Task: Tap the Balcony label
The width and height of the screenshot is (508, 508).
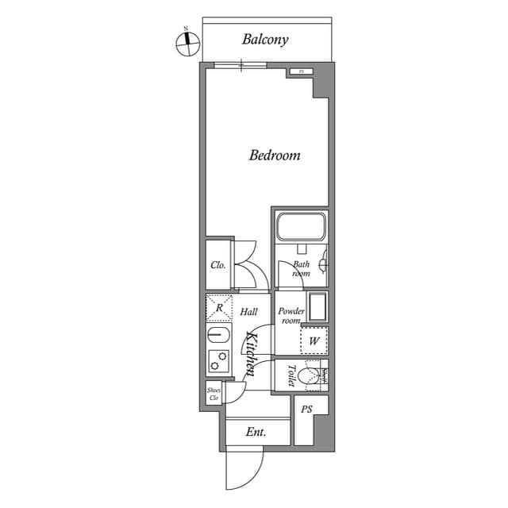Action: point(265,39)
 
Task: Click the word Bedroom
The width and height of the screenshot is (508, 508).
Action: point(275,155)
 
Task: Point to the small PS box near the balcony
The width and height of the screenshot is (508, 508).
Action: point(301,72)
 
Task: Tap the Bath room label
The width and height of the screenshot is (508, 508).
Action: point(301,268)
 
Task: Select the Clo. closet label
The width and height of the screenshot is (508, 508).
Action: point(217,265)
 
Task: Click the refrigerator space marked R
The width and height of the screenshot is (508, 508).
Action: point(218,307)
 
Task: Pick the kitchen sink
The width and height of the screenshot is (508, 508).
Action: point(217,335)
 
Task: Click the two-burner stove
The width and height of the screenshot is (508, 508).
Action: point(217,361)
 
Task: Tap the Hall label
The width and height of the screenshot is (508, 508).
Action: point(248,312)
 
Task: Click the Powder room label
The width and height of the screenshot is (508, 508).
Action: point(291,316)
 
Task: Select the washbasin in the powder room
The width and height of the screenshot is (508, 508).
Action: point(317,307)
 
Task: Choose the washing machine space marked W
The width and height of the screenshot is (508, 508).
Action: point(314,341)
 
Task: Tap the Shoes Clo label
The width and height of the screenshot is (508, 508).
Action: point(214,394)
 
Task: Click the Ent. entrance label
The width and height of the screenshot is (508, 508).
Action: point(255,433)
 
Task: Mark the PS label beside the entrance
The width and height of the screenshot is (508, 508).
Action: point(306,409)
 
